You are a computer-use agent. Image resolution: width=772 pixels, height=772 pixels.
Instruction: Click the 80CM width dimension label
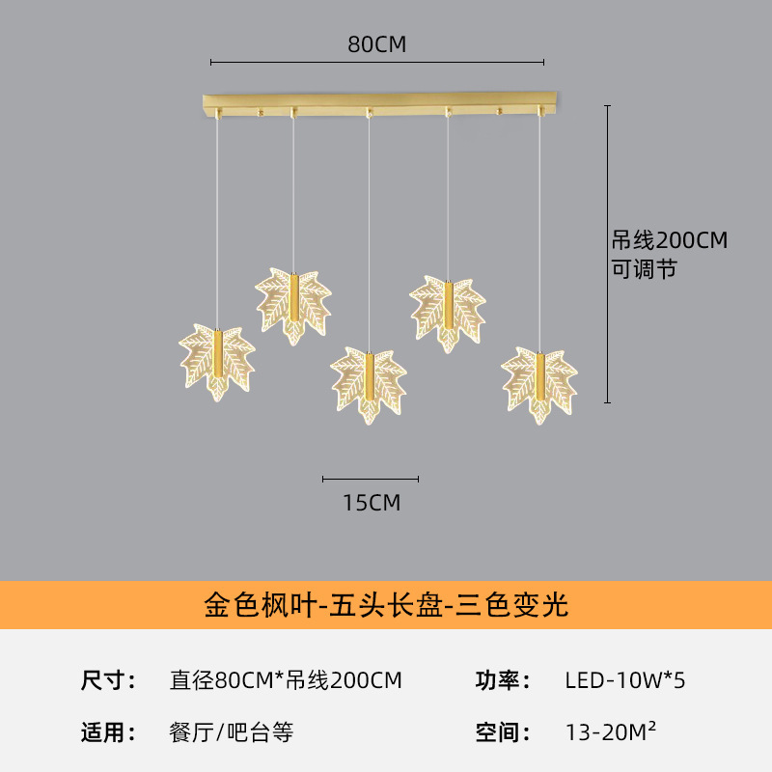click(377, 44)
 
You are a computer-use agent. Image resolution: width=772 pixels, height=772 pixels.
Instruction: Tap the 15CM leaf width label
click(372, 503)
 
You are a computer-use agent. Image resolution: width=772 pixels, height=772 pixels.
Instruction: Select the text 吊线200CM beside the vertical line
click(670, 240)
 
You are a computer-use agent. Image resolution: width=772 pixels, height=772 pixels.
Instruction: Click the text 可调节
click(644, 269)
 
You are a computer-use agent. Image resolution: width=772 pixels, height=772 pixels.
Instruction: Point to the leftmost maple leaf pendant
click(217, 361)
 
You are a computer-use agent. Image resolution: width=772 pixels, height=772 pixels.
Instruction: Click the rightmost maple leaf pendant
click(539, 385)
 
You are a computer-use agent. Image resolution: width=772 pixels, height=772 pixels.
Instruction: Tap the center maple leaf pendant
click(369, 385)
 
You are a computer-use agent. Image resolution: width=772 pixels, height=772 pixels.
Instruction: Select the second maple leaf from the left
click(293, 306)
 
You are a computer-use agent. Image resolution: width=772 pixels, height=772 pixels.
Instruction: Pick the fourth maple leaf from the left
click(448, 314)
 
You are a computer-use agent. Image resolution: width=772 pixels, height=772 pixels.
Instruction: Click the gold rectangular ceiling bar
click(379, 104)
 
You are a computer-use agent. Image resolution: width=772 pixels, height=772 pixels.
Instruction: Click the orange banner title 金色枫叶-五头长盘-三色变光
click(386, 605)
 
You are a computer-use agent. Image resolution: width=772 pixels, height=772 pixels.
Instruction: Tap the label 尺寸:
click(108, 680)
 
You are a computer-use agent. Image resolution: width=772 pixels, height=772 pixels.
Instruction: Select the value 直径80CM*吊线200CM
click(286, 680)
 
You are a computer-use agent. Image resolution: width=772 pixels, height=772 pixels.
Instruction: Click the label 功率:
click(503, 680)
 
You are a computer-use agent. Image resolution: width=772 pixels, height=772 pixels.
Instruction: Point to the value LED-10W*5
click(625, 680)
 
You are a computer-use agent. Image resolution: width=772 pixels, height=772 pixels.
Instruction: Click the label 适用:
click(108, 732)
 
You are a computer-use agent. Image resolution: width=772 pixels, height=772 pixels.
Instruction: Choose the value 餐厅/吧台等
click(232, 732)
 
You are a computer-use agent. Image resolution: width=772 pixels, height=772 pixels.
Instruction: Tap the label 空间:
click(503, 732)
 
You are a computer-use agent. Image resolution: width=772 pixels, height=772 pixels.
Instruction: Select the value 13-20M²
click(611, 731)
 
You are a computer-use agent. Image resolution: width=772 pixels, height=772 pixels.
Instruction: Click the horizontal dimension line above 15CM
click(371, 479)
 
